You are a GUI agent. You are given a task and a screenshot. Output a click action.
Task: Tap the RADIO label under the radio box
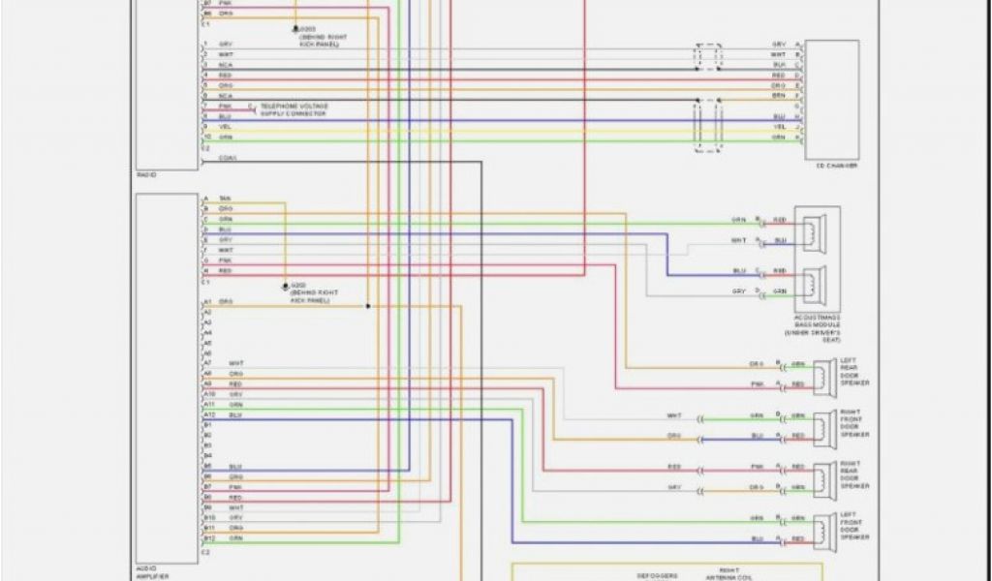coord(146,174)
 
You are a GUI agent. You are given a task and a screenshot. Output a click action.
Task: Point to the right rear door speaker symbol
coord(825,476)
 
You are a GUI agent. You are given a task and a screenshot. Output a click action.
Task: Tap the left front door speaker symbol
coord(825,528)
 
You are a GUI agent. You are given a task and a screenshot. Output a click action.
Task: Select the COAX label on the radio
coord(228,158)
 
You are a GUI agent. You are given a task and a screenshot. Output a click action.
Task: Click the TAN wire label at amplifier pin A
coord(224,199)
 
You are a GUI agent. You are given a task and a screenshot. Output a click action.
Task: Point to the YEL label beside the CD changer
coord(779,127)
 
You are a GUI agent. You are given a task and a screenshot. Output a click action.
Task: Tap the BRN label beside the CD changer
coord(779,96)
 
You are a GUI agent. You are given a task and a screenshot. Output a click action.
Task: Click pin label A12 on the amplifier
coord(207,414)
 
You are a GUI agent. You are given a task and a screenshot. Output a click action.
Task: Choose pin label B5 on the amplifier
coord(206,467)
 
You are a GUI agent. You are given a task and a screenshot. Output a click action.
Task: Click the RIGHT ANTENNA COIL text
coord(728,574)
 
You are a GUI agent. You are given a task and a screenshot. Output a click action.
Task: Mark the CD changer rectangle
coord(832,99)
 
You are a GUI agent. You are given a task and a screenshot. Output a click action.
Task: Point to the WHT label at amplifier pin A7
coord(235,363)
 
